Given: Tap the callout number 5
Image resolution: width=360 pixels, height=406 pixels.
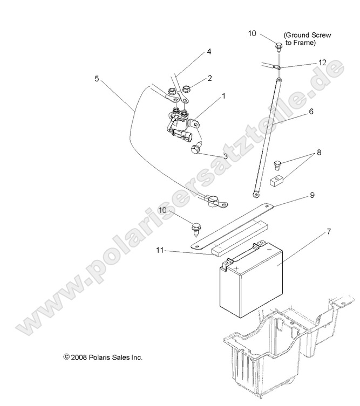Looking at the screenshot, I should [x=97, y=78].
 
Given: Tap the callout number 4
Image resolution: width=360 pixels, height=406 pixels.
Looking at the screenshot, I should [x=208, y=52].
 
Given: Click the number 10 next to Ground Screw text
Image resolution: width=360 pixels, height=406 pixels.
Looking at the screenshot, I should [x=252, y=34].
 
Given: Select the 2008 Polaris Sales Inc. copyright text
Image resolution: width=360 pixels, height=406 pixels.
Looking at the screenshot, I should [x=103, y=357].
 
